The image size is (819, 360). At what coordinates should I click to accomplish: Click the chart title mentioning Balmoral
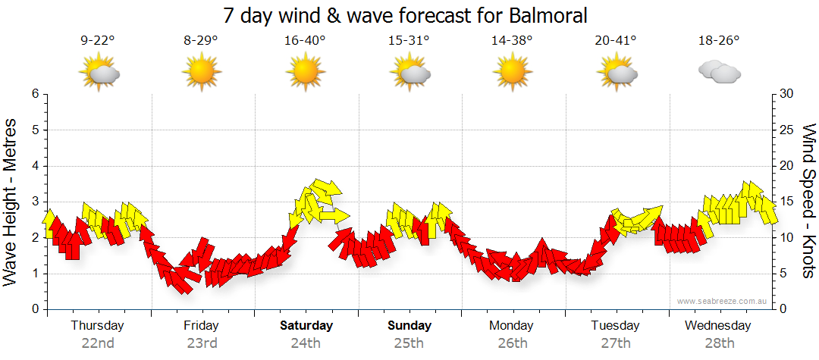pyautogui.click(x=406, y=15)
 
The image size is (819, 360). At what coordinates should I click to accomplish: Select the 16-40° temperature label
pyautogui.click(x=306, y=41)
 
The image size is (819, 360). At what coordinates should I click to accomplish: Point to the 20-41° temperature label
pyautogui.click(x=617, y=41)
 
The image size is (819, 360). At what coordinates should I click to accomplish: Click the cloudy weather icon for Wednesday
pyautogui.click(x=720, y=73)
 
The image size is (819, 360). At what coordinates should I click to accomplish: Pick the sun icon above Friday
pyautogui.click(x=201, y=74)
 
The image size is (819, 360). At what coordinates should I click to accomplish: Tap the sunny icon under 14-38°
pyautogui.click(x=513, y=74)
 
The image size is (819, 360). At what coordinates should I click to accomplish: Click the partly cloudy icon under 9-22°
pyautogui.click(x=99, y=74)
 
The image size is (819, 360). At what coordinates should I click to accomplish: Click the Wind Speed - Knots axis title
pyautogui.click(x=808, y=201)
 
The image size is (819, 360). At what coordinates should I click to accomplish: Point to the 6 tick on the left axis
pyautogui.click(x=34, y=94)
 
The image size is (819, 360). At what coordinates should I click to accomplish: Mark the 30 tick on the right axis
pyautogui.click(x=786, y=94)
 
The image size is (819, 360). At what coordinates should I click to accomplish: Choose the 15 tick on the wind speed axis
pyautogui.click(x=786, y=202)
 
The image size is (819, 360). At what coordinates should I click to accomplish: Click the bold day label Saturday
pyautogui.click(x=306, y=326)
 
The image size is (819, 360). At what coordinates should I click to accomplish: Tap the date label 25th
pyautogui.click(x=409, y=343)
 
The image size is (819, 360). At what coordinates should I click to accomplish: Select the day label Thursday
pyautogui.click(x=97, y=326)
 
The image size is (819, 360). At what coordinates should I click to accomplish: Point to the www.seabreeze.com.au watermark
pyautogui.click(x=723, y=302)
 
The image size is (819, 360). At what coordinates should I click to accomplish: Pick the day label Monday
pyautogui.click(x=512, y=326)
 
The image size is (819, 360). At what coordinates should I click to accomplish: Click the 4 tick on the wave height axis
pyautogui.click(x=34, y=166)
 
